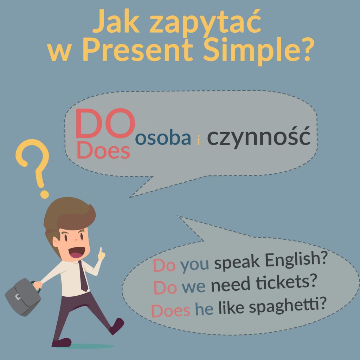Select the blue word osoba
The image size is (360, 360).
click(163, 138)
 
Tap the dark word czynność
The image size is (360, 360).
click(259, 137)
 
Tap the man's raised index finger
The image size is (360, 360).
click(101, 251)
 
